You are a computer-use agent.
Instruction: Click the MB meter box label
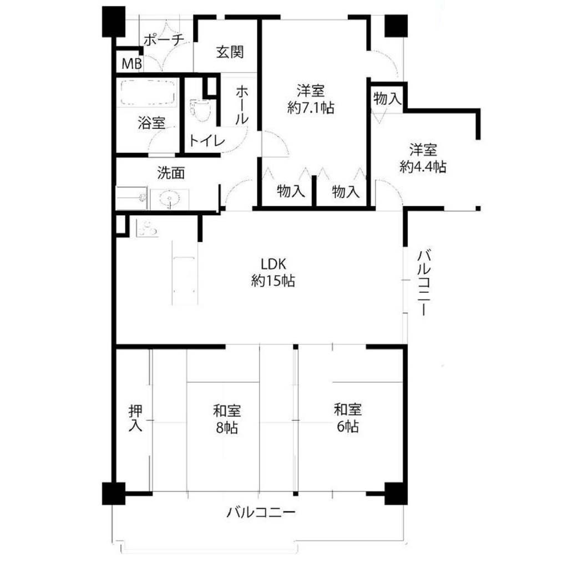[x=131, y=64]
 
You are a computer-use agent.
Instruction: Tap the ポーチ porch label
[x=164, y=40]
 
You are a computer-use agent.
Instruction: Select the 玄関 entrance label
[x=230, y=52]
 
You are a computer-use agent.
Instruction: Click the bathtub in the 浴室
[x=147, y=92]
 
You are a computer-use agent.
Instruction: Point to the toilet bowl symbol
[x=200, y=110]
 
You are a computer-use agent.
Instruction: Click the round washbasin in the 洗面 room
[x=169, y=199]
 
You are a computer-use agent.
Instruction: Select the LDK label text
[x=273, y=264]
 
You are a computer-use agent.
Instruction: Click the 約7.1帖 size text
[x=311, y=108]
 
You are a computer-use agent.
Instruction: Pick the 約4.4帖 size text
[x=423, y=166]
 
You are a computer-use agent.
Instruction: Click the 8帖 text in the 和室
[x=227, y=428]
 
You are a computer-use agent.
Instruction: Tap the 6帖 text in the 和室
[x=348, y=427]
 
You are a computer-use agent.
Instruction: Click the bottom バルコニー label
[x=261, y=512]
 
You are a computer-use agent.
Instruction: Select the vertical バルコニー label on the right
[x=423, y=282]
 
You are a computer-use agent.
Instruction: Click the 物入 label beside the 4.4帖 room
[x=387, y=98]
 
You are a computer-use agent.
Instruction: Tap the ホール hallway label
[x=242, y=105]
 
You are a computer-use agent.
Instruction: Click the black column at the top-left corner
[x=114, y=22]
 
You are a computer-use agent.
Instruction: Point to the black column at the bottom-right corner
[x=396, y=493]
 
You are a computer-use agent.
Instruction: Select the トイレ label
[x=207, y=140]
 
